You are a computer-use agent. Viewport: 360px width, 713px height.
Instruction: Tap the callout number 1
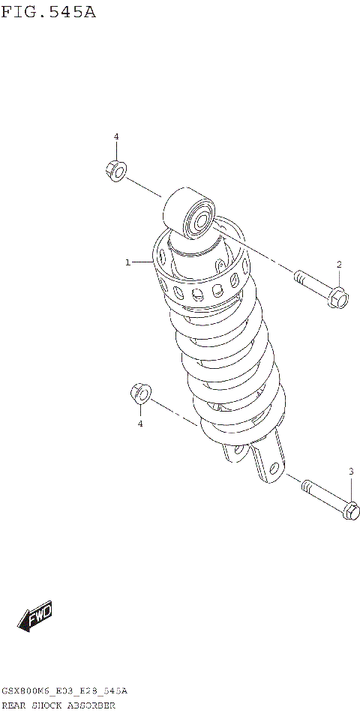pos(128,262)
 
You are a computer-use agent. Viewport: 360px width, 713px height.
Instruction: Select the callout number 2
pos(338,264)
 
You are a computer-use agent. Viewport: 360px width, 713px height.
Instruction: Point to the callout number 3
pos(350,471)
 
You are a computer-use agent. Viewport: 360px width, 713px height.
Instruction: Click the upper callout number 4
pos(116,136)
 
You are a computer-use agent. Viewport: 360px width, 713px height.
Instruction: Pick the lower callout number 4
pos(139,424)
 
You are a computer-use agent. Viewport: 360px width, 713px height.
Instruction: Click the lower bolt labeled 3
pos(330,499)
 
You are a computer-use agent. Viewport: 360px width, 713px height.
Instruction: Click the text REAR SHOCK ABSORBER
pos(58,706)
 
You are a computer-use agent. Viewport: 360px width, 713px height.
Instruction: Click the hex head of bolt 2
pos(338,298)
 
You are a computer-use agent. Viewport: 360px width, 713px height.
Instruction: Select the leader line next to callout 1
pos(142,262)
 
